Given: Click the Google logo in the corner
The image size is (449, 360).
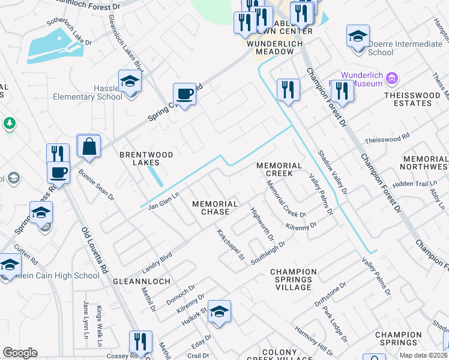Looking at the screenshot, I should (x=20, y=353).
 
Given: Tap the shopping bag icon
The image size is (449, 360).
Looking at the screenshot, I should (x=88, y=146).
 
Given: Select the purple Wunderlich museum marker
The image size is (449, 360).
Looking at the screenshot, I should (x=393, y=78).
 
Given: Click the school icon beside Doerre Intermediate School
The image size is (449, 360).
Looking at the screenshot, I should (x=358, y=37).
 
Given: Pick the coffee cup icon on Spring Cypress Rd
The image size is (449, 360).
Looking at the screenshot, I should (x=184, y=95).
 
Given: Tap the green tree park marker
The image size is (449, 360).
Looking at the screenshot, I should (x=9, y=123).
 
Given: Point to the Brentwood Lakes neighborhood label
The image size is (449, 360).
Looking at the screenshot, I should (x=146, y=158).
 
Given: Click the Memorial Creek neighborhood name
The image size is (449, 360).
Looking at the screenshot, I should (x=279, y=169).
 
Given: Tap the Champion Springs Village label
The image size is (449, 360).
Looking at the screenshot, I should (x=292, y=280).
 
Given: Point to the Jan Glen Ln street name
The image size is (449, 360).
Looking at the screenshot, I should (x=163, y=200).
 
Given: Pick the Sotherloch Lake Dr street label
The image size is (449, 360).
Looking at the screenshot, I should (x=70, y=31).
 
